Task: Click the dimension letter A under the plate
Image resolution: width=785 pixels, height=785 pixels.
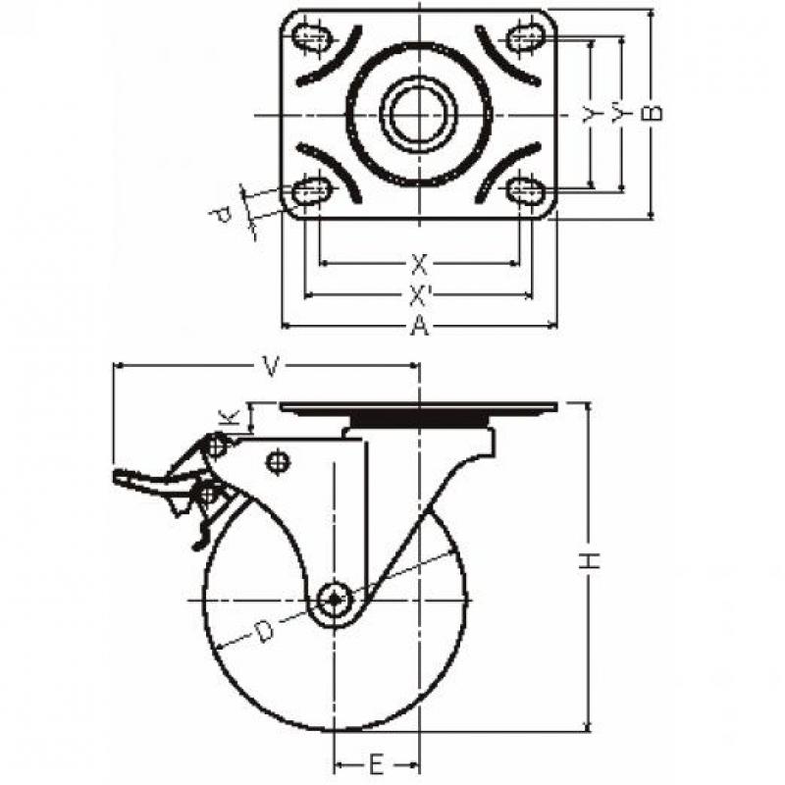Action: click(x=420, y=327)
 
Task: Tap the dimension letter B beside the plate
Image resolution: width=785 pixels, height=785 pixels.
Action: click(x=652, y=114)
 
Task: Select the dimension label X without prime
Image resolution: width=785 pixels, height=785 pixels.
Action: click(x=420, y=264)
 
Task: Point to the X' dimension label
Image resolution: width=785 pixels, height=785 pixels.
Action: click(x=419, y=296)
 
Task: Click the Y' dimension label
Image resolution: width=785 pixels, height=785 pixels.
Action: click(x=621, y=113)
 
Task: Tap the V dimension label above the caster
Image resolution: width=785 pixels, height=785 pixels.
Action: click(x=271, y=367)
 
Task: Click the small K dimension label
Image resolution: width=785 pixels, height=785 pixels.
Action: click(x=228, y=419)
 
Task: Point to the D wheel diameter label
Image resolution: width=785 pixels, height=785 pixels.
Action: click(x=263, y=631)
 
